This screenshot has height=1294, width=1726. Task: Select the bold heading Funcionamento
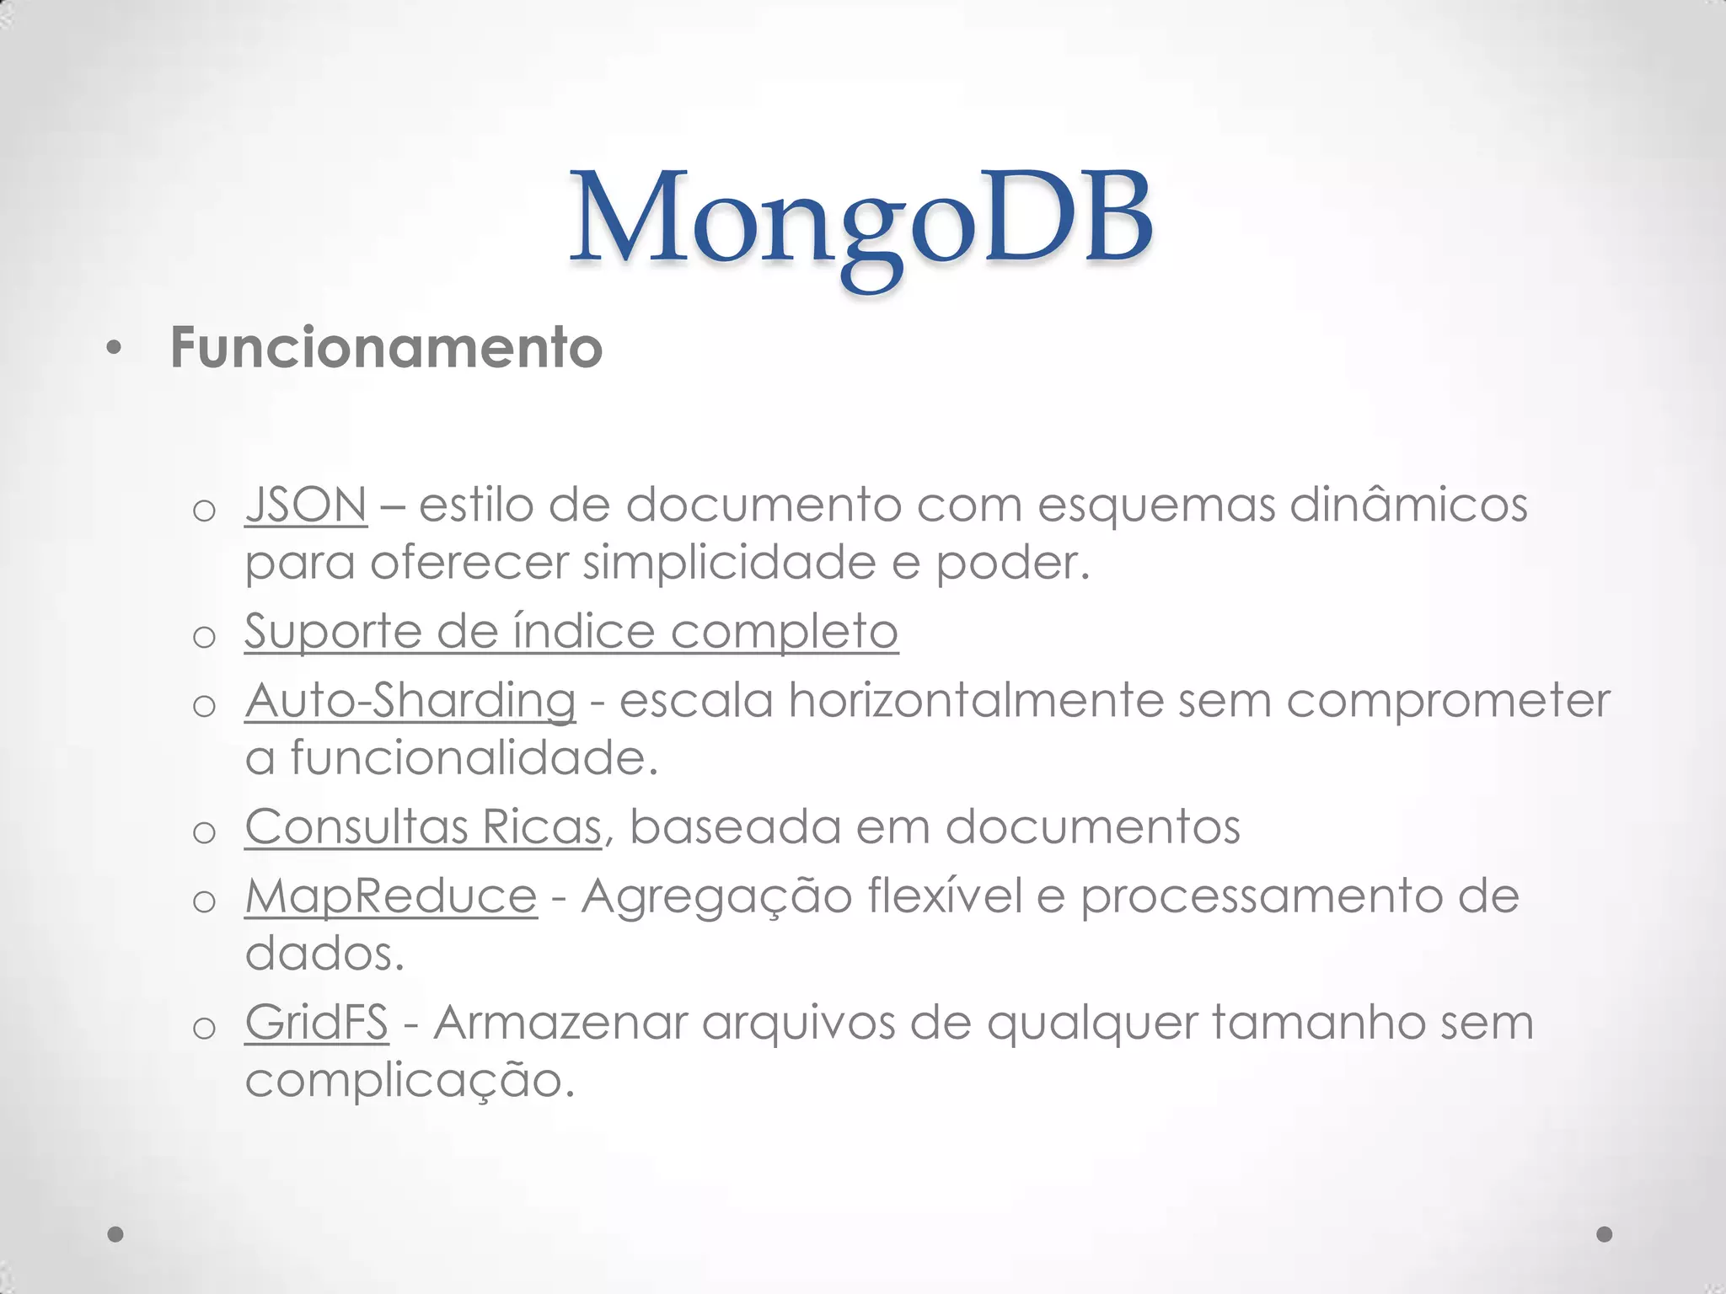[386, 347]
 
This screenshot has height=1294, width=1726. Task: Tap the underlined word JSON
[306, 505]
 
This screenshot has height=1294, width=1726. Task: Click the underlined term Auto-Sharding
[410, 700]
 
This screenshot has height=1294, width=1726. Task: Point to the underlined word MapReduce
[391, 896]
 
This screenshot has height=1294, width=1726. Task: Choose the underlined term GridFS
[317, 1023]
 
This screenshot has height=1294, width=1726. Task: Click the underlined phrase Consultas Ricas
[423, 826]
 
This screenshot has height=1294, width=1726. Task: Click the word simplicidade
[729, 563]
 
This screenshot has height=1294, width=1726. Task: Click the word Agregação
[716, 896]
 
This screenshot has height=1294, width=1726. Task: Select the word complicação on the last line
[410, 1081]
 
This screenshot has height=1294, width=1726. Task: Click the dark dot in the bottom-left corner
[116, 1235]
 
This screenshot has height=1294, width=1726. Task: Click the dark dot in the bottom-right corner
[1605, 1235]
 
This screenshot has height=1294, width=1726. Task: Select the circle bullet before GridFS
[205, 1028]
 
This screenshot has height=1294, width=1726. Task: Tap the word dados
[325, 954]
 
